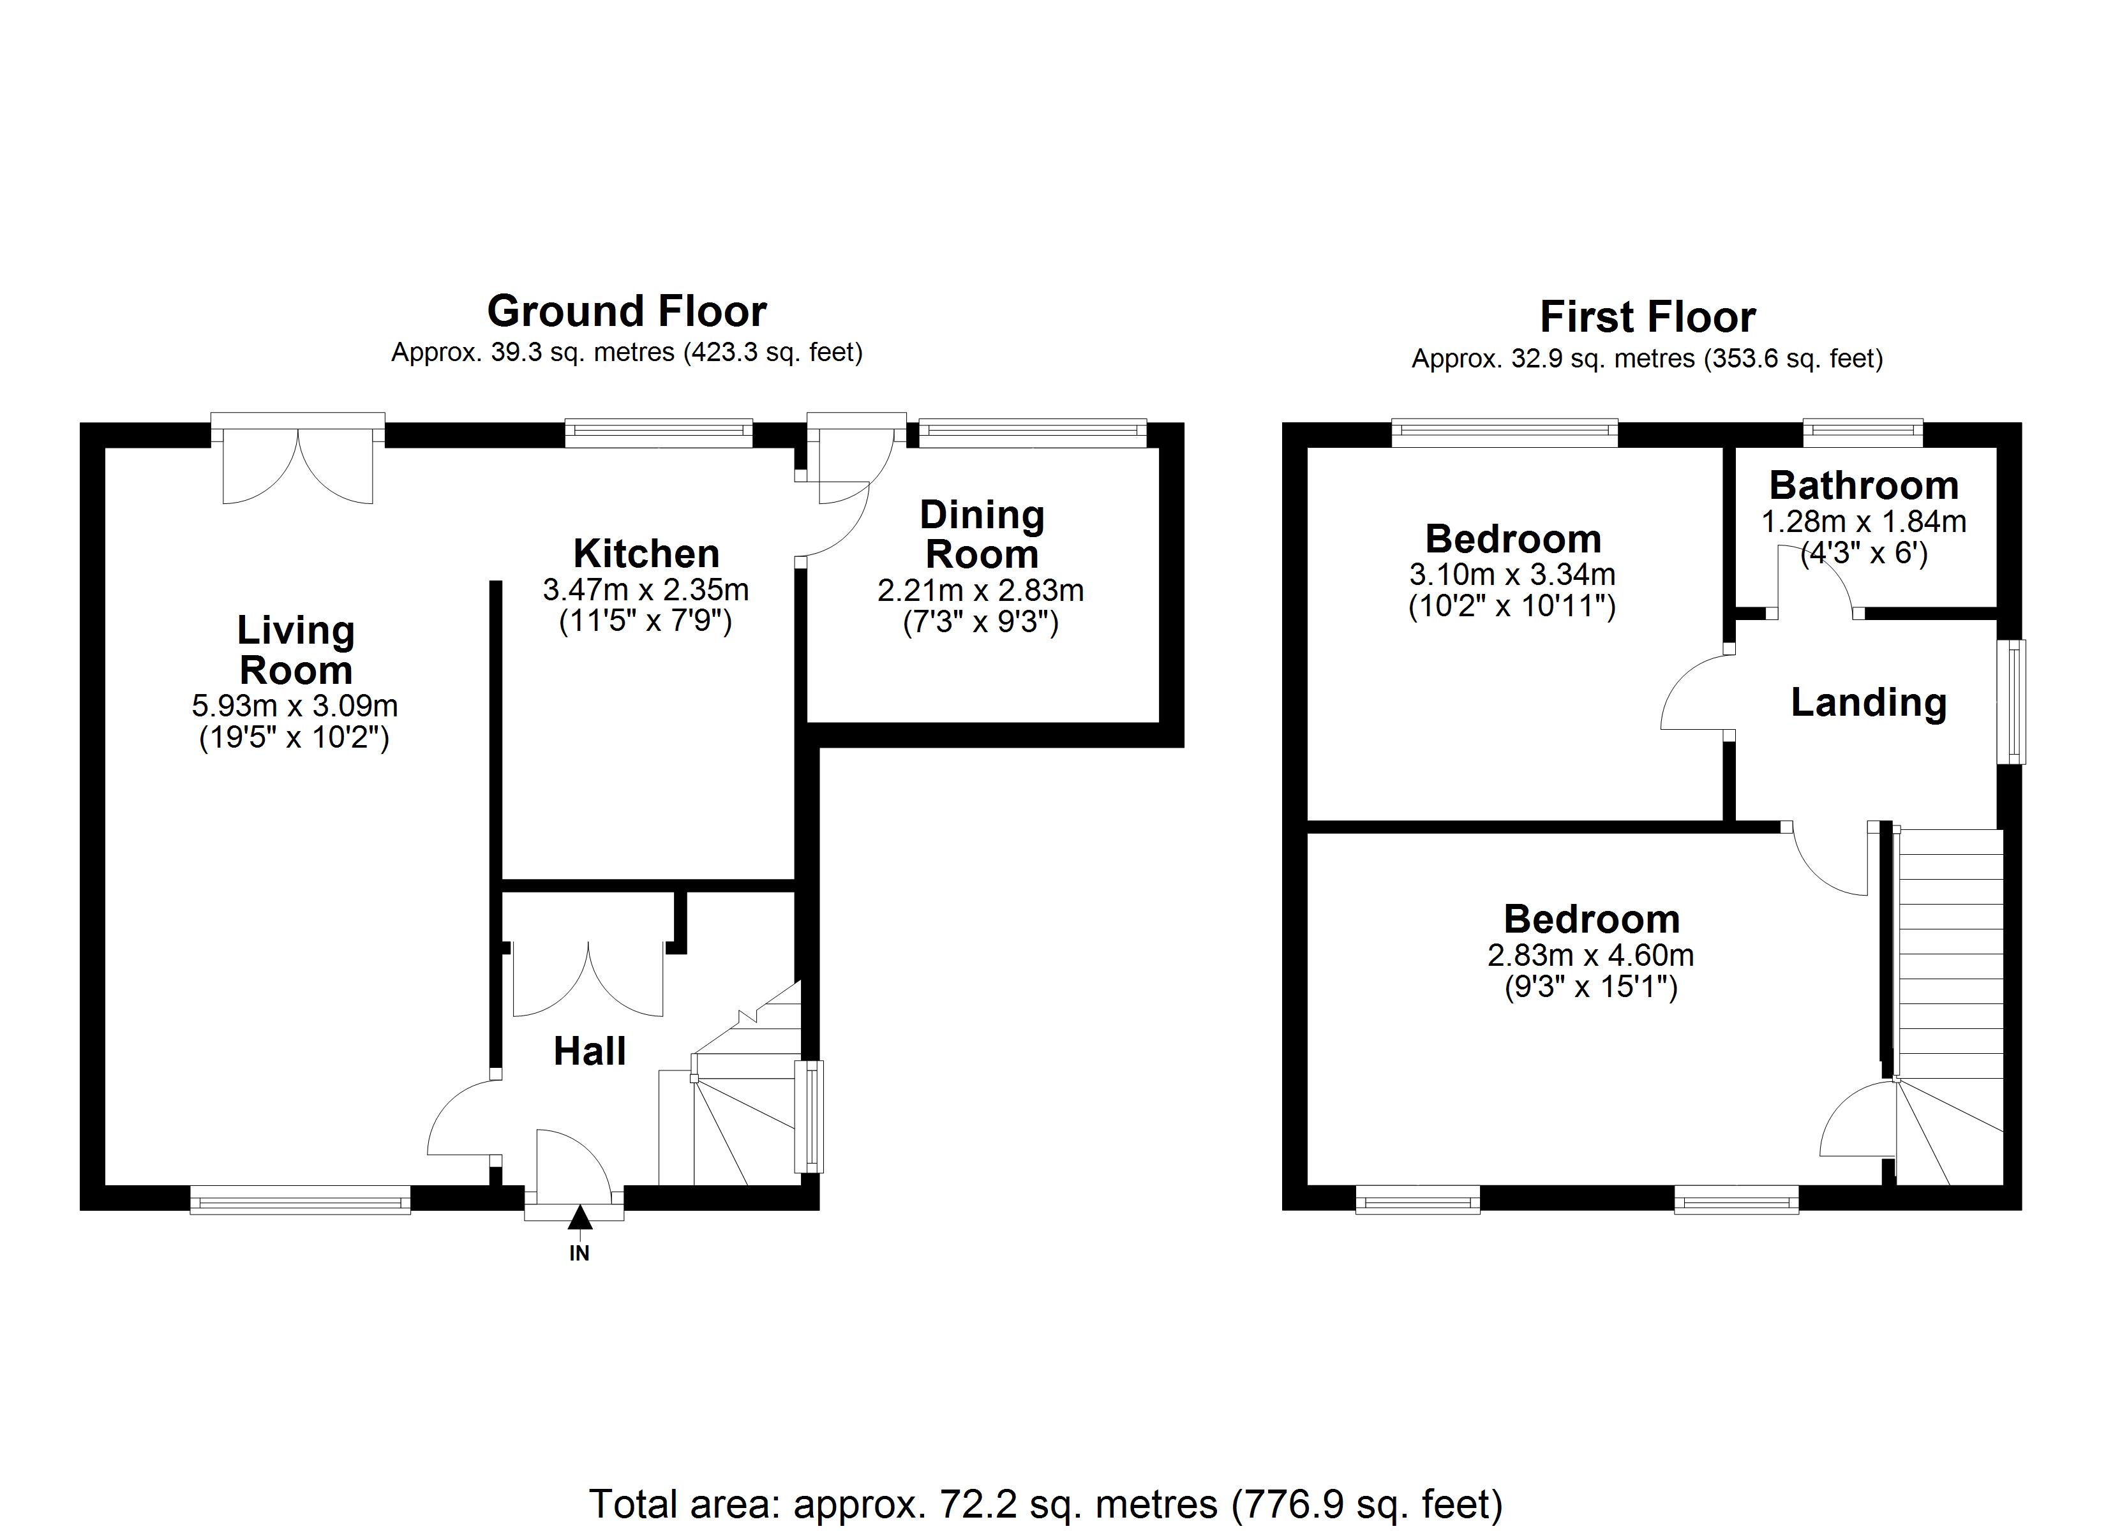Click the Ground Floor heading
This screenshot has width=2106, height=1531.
click(627, 312)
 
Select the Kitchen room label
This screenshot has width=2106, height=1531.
click(646, 554)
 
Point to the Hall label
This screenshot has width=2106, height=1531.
click(590, 1051)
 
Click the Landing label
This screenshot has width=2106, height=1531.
click(1869, 703)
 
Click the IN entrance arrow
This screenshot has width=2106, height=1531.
click(579, 1217)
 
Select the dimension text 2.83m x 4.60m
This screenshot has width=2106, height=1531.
click(1590, 956)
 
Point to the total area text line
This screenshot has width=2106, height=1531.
click(1045, 1503)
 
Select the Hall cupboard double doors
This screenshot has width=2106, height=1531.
click(588, 979)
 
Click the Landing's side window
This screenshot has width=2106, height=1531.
click(2012, 702)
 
